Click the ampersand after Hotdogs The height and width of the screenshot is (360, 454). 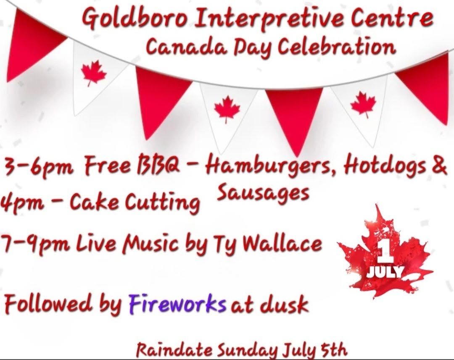pos(440,165)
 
